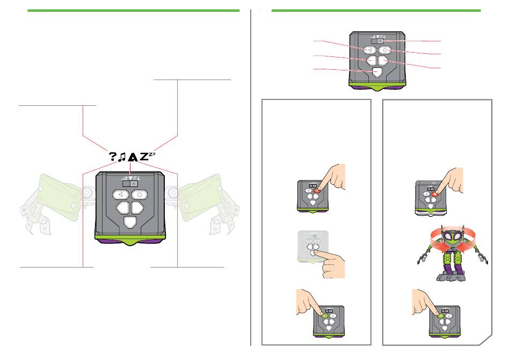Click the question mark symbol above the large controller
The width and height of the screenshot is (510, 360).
coord(113,156)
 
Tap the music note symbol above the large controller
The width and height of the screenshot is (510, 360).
coord(122,157)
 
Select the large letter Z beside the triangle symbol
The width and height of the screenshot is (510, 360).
coord(143,156)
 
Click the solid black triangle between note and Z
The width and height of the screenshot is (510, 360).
coord(132,157)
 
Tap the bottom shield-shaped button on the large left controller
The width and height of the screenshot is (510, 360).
coord(130,222)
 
